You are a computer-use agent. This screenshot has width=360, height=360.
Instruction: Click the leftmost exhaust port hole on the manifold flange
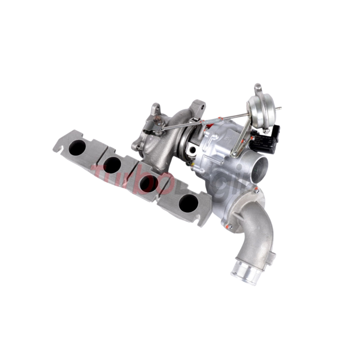[x=77, y=147]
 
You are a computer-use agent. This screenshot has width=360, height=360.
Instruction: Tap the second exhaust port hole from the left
[x=112, y=165]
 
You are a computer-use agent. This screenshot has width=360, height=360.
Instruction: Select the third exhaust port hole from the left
[x=149, y=184]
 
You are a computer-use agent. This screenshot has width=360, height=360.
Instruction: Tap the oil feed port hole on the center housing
[x=193, y=150]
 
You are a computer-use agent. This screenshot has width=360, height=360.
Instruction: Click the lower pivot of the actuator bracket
[x=235, y=154]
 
